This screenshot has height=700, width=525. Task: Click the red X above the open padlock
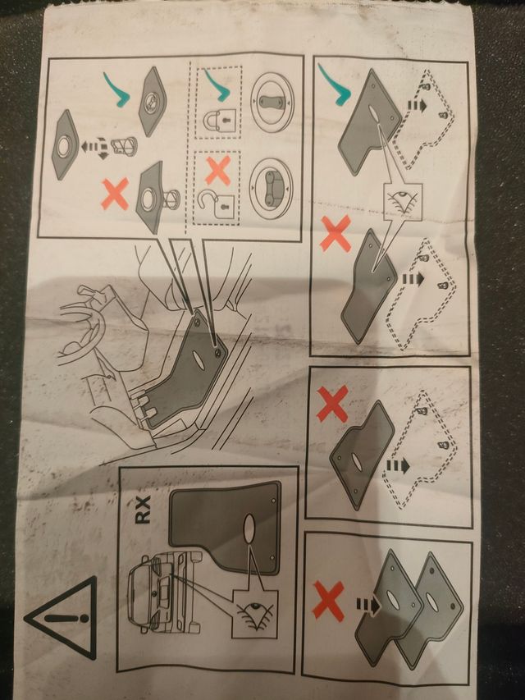(217, 170)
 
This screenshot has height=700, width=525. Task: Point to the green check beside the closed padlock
(215, 84)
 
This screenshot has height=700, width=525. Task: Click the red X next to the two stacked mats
(328, 601)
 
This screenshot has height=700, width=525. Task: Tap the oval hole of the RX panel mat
(249, 528)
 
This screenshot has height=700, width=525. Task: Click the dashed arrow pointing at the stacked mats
(367, 606)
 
